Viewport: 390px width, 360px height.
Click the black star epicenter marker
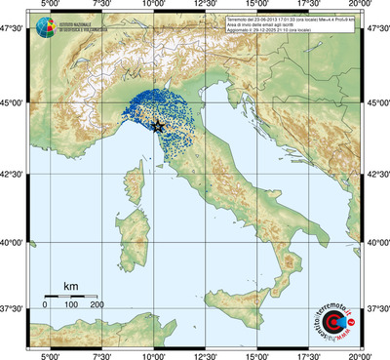[158, 125]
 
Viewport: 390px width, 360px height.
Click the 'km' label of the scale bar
[71, 285]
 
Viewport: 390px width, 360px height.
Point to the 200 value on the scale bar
[97, 305]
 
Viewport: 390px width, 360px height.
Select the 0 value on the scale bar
[45, 305]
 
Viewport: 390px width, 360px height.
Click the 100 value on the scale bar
[71, 305]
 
